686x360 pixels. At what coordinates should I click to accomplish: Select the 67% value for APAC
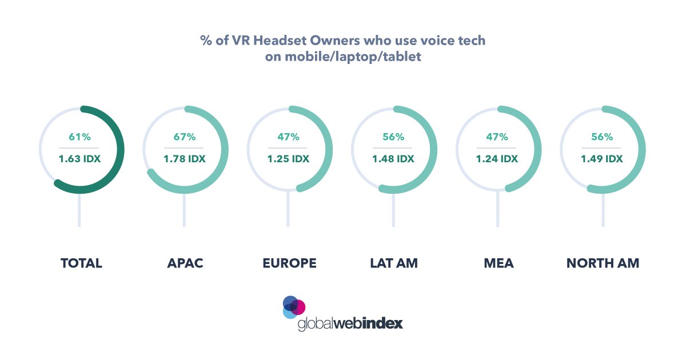(185, 137)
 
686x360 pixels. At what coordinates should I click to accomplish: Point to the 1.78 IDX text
(185, 159)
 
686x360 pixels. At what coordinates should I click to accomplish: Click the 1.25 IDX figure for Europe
(289, 159)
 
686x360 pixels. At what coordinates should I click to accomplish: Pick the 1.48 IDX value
(393, 159)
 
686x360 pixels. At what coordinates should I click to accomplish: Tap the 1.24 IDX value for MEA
(497, 159)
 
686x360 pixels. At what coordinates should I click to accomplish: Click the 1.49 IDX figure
(602, 159)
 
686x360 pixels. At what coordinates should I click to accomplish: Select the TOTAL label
(81, 263)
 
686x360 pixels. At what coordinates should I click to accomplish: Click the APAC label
(185, 263)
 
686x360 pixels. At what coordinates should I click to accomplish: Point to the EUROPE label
(289, 263)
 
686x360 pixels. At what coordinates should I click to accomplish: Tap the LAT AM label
(393, 263)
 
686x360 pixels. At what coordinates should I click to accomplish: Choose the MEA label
(497, 263)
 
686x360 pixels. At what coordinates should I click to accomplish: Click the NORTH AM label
(603, 263)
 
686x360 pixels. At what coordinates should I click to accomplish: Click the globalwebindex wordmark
(350, 323)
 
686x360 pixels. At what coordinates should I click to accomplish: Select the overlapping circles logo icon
(294, 307)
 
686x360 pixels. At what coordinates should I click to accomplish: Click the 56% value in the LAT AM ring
(393, 137)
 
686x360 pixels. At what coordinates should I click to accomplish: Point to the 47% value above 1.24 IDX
(497, 137)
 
